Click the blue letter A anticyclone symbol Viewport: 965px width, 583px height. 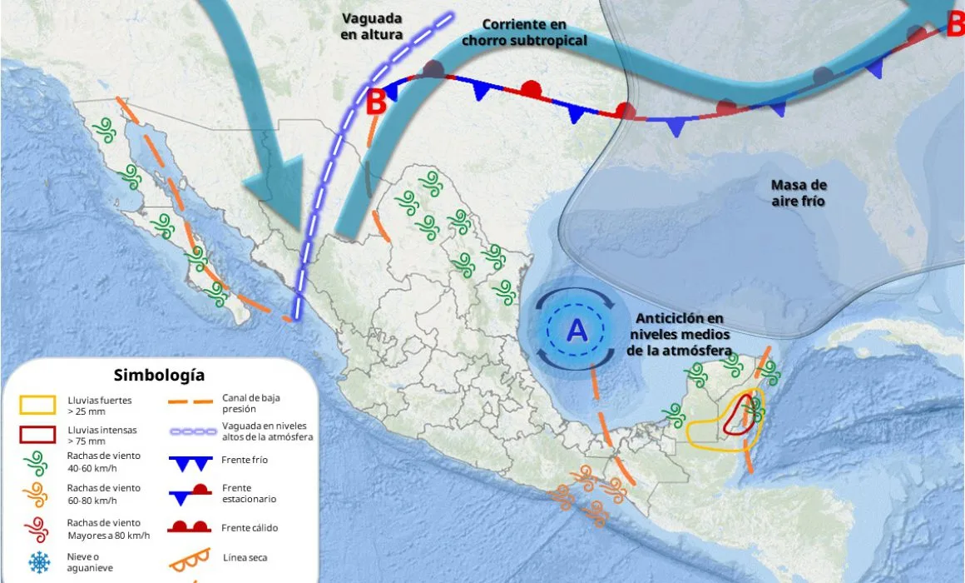[x=577, y=331]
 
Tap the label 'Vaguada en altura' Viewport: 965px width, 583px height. [x=372, y=27]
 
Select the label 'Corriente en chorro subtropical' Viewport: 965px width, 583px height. [x=524, y=32]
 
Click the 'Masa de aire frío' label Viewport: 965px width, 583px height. [x=799, y=192]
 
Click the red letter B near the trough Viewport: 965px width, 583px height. [x=376, y=102]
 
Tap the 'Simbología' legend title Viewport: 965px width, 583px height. [x=159, y=376]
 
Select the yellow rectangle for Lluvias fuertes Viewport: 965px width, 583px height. [x=38, y=406]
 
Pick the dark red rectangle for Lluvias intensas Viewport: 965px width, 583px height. [x=38, y=434]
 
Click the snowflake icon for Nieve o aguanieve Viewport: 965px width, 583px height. [x=38, y=563]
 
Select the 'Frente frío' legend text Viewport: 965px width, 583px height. [x=245, y=460]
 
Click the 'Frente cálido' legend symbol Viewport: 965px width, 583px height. [x=193, y=527]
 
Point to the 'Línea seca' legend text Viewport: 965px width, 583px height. [x=245, y=557]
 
